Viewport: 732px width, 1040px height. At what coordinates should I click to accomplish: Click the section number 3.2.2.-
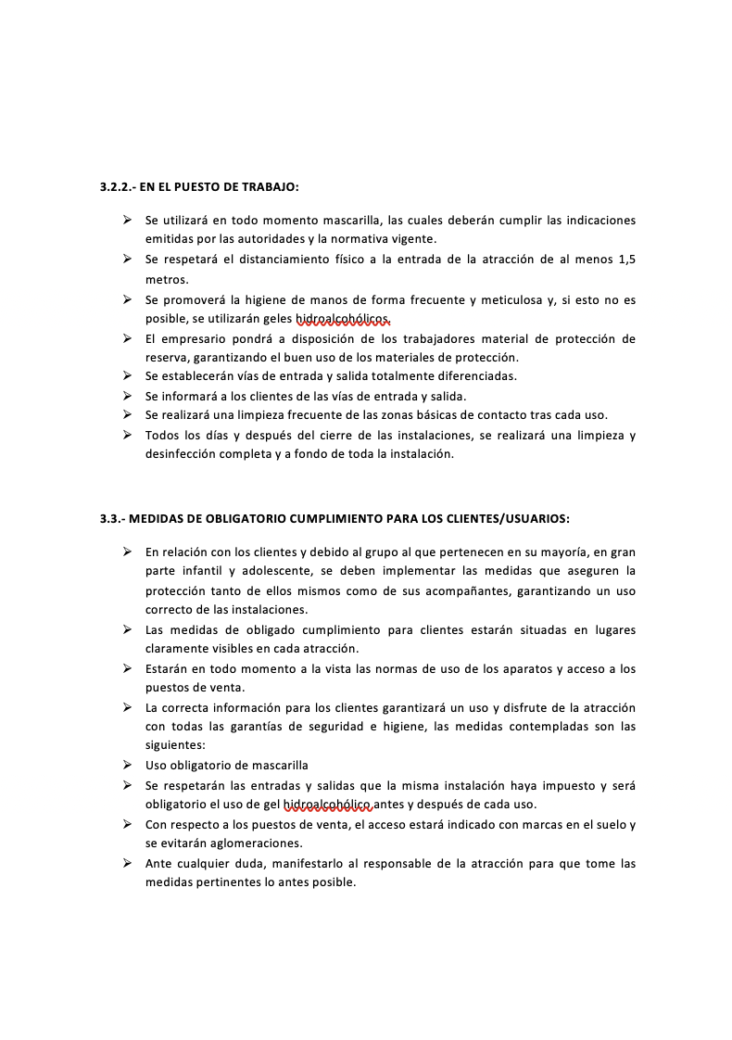click(x=118, y=186)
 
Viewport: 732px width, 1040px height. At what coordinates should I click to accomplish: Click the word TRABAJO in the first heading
click(x=271, y=186)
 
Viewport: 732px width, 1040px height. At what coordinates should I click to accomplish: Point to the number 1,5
click(x=625, y=260)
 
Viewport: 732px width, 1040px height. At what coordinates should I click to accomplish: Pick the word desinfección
click(x=183, y=454)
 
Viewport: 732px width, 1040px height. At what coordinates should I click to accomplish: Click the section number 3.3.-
click(x=112, y=518)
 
